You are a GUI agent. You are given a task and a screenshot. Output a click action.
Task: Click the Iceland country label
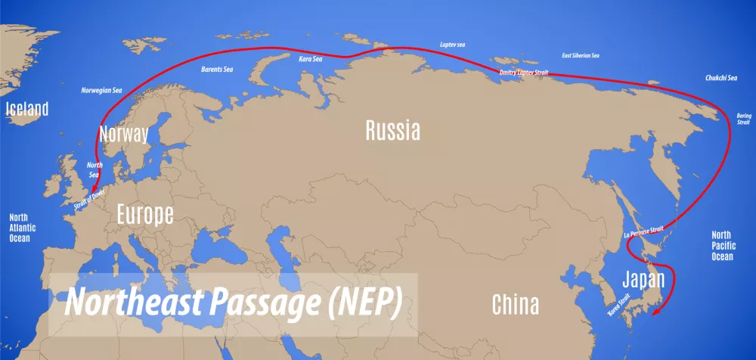27,109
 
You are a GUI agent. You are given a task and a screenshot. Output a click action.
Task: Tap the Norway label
123,135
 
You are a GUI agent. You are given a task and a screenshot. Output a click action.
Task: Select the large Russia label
392,130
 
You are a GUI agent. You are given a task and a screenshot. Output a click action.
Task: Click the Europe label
144,214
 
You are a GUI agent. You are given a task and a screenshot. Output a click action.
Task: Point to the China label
516,305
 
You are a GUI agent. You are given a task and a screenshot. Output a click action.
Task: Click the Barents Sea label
217,70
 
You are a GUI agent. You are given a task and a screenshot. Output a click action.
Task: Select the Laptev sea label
453,45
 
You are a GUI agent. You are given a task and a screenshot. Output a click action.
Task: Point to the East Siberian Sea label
581,56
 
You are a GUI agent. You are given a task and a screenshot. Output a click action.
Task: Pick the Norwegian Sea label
101,90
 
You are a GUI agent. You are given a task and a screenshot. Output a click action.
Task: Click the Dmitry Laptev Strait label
524,73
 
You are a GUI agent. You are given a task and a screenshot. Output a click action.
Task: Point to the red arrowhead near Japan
655,310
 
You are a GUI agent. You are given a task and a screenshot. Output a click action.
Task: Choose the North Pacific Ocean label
722,245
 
